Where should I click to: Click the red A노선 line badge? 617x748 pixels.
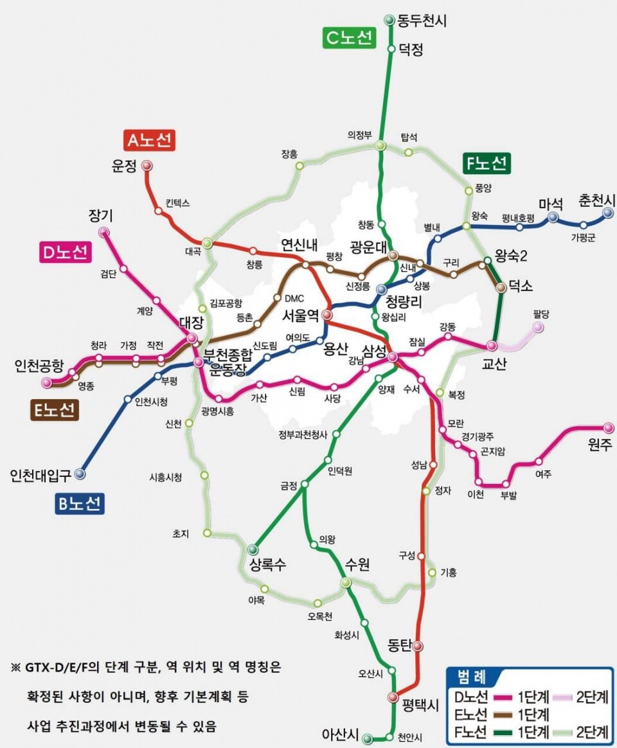[150, 140]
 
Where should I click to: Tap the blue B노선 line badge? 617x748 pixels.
[79, 504]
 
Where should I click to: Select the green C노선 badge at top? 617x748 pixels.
[348, 39]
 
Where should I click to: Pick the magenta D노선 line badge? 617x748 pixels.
[64, 253]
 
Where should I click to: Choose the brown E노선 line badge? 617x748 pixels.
[55, 411]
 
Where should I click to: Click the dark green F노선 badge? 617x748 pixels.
[487, 163]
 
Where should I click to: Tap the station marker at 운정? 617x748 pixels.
[147, 166]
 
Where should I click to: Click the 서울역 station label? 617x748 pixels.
[301, 316]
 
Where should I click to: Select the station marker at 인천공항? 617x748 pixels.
[46, 383]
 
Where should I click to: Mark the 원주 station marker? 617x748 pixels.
[608, 427]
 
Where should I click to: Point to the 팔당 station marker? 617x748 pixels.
[538, 328]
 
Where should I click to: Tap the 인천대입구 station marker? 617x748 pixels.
[80, 474]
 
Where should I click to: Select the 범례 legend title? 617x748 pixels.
[472, 677]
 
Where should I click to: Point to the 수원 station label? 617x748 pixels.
[359, 564]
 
